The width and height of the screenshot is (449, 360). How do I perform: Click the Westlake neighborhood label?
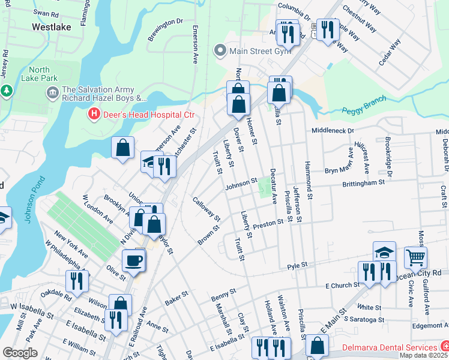pos(52,27)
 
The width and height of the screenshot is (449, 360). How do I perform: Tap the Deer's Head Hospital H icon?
pos(94,113)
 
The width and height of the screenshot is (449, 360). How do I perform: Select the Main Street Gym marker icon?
pos(220,51)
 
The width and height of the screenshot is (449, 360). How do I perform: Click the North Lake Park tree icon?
pos(7,91)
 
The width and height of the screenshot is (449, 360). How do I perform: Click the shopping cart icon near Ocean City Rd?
pos(415,258)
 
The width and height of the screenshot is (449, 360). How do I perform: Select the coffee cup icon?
pos(133,260)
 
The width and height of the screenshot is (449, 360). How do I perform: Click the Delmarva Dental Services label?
pos(389,347)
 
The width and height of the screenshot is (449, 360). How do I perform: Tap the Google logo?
pos(20,353)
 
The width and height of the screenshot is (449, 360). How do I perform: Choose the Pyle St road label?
pos(297,265)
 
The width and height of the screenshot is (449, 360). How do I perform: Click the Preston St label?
pos(268,223)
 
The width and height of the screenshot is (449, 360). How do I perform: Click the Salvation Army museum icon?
pos(52,92)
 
